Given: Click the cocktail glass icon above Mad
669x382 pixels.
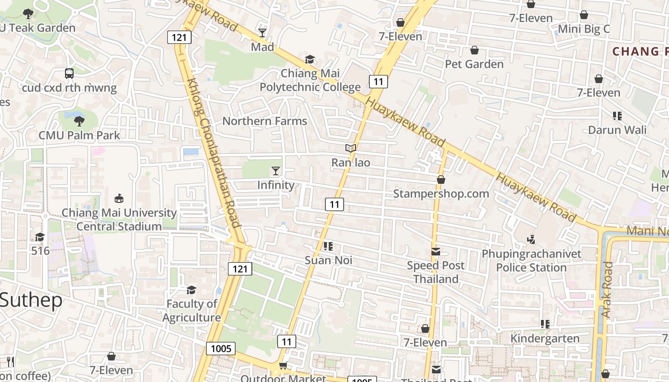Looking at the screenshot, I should [262, 32].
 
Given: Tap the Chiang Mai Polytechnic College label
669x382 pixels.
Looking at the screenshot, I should [310, 80].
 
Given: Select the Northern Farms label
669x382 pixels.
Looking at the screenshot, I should [265, 121].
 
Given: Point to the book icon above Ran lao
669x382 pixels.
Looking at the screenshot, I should [351, 149].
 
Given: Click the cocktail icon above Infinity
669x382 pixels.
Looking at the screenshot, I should [276, 171].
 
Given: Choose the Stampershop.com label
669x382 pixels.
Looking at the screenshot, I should [441, 193].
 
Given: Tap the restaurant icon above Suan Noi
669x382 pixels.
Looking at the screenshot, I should [328, 246].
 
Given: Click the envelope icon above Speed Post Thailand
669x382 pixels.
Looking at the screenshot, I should [436, 252].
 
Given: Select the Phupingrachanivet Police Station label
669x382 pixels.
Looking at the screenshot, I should [531, 260].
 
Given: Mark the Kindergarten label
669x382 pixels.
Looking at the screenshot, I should [545, 339].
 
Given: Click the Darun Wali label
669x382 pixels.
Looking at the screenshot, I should [617, 130].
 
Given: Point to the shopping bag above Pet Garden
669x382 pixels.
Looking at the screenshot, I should [475, 50].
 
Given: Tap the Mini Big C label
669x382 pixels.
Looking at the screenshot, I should [584, 29].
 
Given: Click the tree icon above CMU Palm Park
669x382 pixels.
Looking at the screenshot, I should [79, 121].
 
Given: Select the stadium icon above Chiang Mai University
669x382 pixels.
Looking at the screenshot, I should [119, 199].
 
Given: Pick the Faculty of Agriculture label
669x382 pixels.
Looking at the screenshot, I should [192, 310].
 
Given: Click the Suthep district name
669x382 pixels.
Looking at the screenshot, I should [31, 300].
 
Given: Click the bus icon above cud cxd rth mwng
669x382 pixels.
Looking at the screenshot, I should [69, 74].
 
